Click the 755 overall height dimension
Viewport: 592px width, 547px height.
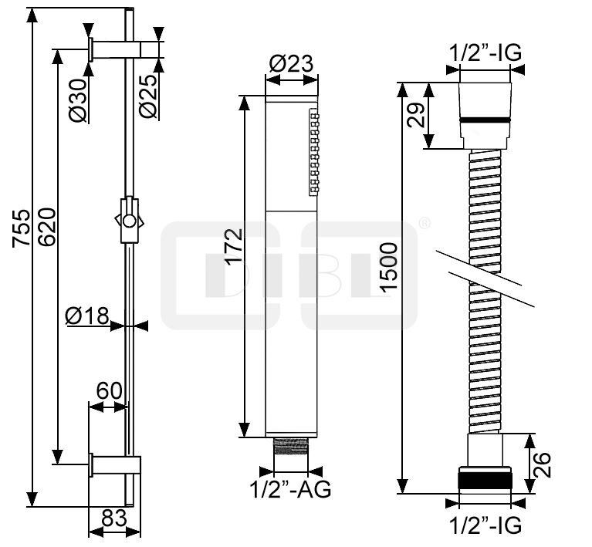21,228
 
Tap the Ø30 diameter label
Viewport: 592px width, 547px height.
79,100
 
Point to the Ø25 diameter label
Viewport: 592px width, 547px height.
147,96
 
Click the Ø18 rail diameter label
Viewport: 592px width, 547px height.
87,316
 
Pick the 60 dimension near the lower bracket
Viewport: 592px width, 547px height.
110,390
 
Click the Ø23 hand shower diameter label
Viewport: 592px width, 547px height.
291,63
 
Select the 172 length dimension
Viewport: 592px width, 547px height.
233,247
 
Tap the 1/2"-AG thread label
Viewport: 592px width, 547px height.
290,490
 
